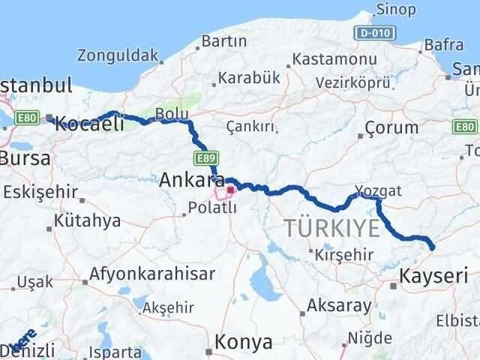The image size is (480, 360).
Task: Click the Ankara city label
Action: point(187,180)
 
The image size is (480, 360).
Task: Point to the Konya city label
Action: point(244,342)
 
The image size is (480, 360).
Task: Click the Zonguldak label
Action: point(118,55)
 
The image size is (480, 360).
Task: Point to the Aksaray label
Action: point(339,305)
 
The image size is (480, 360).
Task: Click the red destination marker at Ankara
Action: point(230,190)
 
